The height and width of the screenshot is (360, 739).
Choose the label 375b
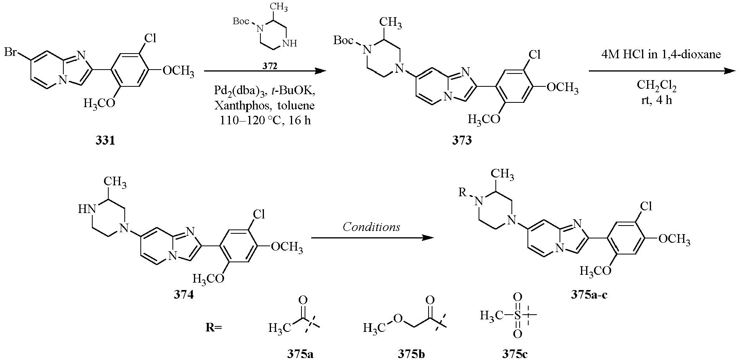point(412,354)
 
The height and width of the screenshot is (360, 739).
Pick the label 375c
point(515,354)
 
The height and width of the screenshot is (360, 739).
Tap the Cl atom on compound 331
point(151,38)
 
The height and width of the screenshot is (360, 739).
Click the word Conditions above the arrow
point(371,227)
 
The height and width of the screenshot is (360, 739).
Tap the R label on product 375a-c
point(462,192)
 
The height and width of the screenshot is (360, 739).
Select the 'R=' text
point(214,328)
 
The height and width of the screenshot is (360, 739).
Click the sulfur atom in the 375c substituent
point(517,315)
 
